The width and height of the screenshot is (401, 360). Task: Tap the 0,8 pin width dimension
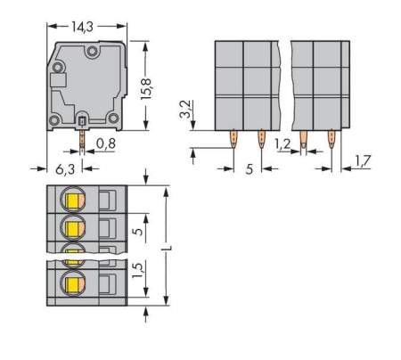click(x=106, y=140)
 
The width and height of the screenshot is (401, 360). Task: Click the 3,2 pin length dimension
click(x=185, y=112)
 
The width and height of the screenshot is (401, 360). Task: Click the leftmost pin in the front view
click(x=233, y=138)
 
